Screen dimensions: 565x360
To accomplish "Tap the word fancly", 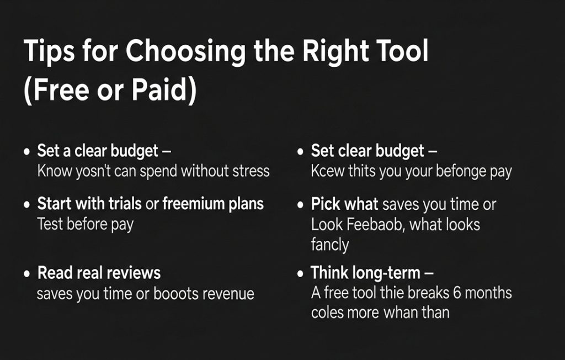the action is [330, 245].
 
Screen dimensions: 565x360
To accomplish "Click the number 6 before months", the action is [457, 293].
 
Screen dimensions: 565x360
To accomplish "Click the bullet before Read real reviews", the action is [26, 274].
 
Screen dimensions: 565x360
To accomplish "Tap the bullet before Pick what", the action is [300, 205].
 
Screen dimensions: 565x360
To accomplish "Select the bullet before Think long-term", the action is [300, 274].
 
